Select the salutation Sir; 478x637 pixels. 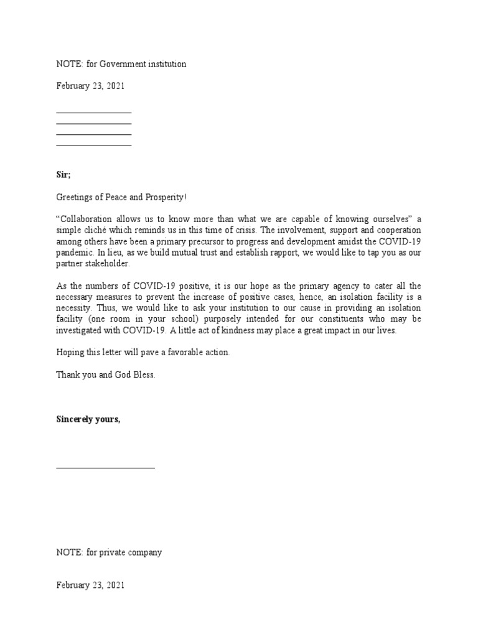[63, 175]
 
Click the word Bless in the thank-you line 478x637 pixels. [142, 374]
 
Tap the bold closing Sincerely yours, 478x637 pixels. [88, 419]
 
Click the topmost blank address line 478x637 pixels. [93, 113]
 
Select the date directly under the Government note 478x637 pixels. [90, 86]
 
